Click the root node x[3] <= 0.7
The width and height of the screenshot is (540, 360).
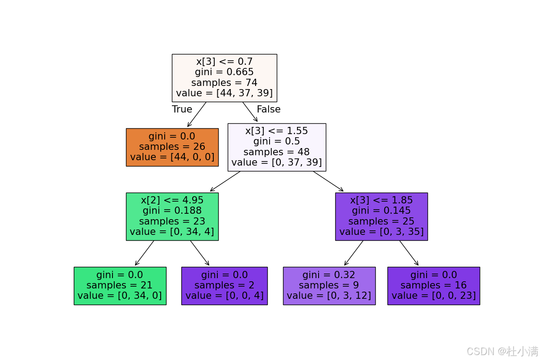click(224, 78)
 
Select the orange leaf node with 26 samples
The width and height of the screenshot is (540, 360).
click(172, 147)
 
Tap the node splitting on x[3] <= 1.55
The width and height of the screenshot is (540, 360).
click(276, 147)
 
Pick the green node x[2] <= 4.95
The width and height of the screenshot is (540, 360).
click(172, 216)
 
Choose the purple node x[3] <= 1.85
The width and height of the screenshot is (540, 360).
click(381, 216)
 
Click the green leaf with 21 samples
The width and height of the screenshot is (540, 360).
click(120, 286)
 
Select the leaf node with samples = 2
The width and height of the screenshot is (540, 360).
click(224, 286)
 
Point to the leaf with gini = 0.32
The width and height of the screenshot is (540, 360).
click(329, 286)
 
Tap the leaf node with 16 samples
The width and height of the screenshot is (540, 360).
click(433, 286)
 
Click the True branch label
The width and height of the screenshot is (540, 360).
click(182, 109)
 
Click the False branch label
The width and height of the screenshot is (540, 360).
click(269, 109)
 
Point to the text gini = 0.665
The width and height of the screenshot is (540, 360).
click(224, 72)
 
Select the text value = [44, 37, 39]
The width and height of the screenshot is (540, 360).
click(224, 93)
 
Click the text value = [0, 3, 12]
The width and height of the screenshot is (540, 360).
click(329, 296)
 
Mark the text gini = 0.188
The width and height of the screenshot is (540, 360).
click(172, 211)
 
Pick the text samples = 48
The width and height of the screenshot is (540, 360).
click(276, 152)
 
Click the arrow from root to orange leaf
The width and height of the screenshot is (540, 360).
click(197, 115)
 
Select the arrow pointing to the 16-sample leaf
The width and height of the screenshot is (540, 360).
click(409, 253)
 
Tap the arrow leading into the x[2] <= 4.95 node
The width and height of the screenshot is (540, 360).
click(225, 181)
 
